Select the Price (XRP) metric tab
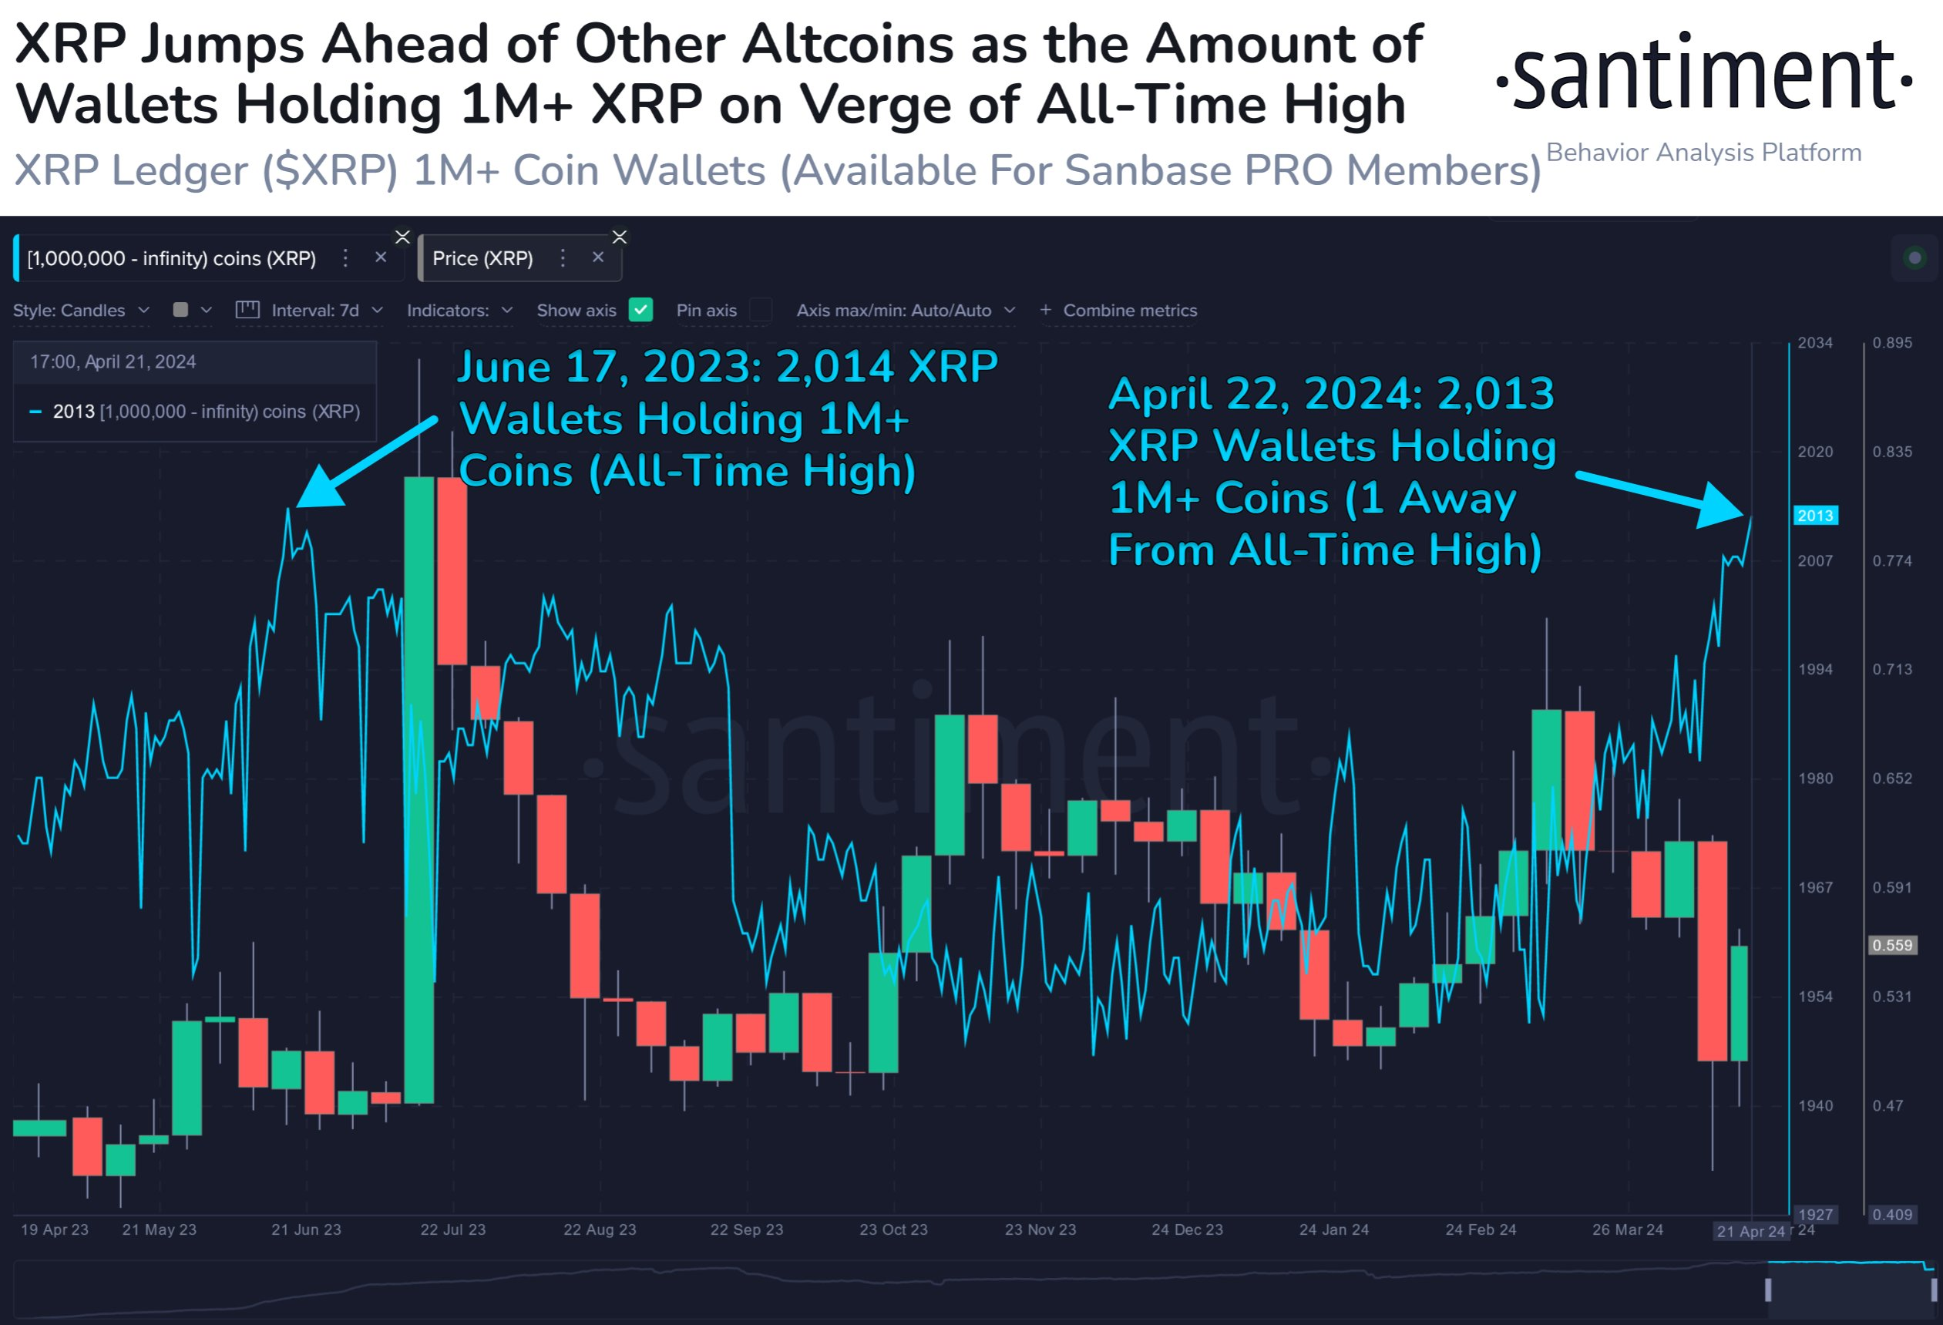coord(482,258)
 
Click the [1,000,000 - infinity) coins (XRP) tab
coord(171,258)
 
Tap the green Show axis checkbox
coord(640,310)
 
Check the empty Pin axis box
coord(760,310)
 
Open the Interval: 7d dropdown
coord(315,310)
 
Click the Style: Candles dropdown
coord(80,310)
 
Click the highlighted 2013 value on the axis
coord(1815,516)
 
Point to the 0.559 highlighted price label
coord(1892,946)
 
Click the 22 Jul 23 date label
coord(452,1229)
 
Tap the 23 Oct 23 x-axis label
coord(893,1229)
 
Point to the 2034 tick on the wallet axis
coord(1814,343)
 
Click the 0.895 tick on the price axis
coord(1892,343)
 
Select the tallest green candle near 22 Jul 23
coord(419,790)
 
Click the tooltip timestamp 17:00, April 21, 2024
coord(113,362)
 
